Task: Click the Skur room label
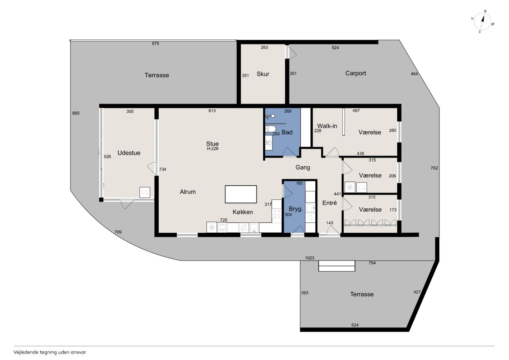pos(263,74)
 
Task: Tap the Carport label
pos(356,74)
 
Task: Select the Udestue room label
pos(129,153)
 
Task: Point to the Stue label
pos(212,144)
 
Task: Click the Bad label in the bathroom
pos(287,132)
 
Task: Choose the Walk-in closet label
pos(327,126)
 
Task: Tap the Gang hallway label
pos(303,168)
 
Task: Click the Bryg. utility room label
pos(296,209)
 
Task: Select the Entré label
pos(330,203)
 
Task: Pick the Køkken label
pos(243,212)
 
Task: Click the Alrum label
pos(188,192)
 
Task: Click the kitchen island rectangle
pos(241,194)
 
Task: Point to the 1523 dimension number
pos(309,258)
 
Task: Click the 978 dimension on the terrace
pos(155,43)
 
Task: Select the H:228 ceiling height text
pos(213,149)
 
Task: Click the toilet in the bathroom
pos(270,129)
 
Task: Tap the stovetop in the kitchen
pos(277,213)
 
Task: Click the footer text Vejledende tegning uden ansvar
pos(50,352)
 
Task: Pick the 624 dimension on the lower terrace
pos(355,325)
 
